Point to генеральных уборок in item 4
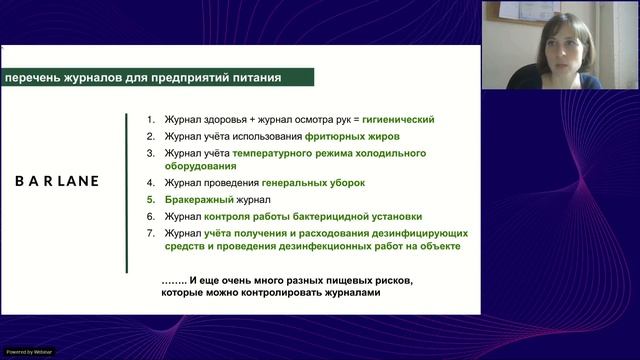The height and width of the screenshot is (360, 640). [314, 183]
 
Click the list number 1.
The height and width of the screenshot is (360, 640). [149, 119]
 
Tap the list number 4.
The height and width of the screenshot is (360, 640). [149, 183]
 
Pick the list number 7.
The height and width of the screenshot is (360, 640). [149, 233]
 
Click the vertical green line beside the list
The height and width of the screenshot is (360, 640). [126, 191]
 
